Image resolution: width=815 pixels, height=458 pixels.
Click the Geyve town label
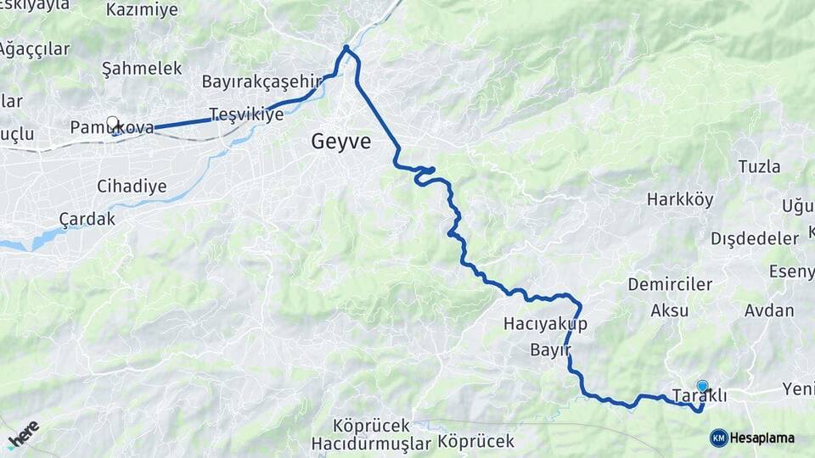click(341, 142)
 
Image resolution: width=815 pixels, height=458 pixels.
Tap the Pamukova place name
click(112, 128)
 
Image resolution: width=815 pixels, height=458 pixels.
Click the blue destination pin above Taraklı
click(702, 386)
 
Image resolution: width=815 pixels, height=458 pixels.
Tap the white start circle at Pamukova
click(112, 123)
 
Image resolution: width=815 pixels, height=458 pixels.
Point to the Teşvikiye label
click(246, 114)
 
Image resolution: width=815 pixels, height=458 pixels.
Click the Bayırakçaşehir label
click(264, 81)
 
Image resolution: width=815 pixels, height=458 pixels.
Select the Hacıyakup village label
click(545, 324)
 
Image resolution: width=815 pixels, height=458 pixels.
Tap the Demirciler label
click(670, 284)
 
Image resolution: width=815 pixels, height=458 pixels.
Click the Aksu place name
click(670, 310)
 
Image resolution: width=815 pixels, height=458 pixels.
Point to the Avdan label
click(769, 310)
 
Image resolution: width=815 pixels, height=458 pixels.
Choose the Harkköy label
click(676, 199)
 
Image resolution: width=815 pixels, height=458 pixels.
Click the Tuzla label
click(759, 166)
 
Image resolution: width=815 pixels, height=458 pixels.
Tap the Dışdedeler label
click(755, 237)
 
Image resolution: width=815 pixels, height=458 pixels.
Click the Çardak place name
click(87, 219)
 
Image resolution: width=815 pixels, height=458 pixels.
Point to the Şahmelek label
click(142, 68)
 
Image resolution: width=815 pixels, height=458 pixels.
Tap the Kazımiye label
click(143, 10)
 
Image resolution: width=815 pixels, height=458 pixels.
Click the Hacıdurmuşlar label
click(372, 443)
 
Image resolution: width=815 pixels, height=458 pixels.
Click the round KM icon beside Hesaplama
click(718, 438)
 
